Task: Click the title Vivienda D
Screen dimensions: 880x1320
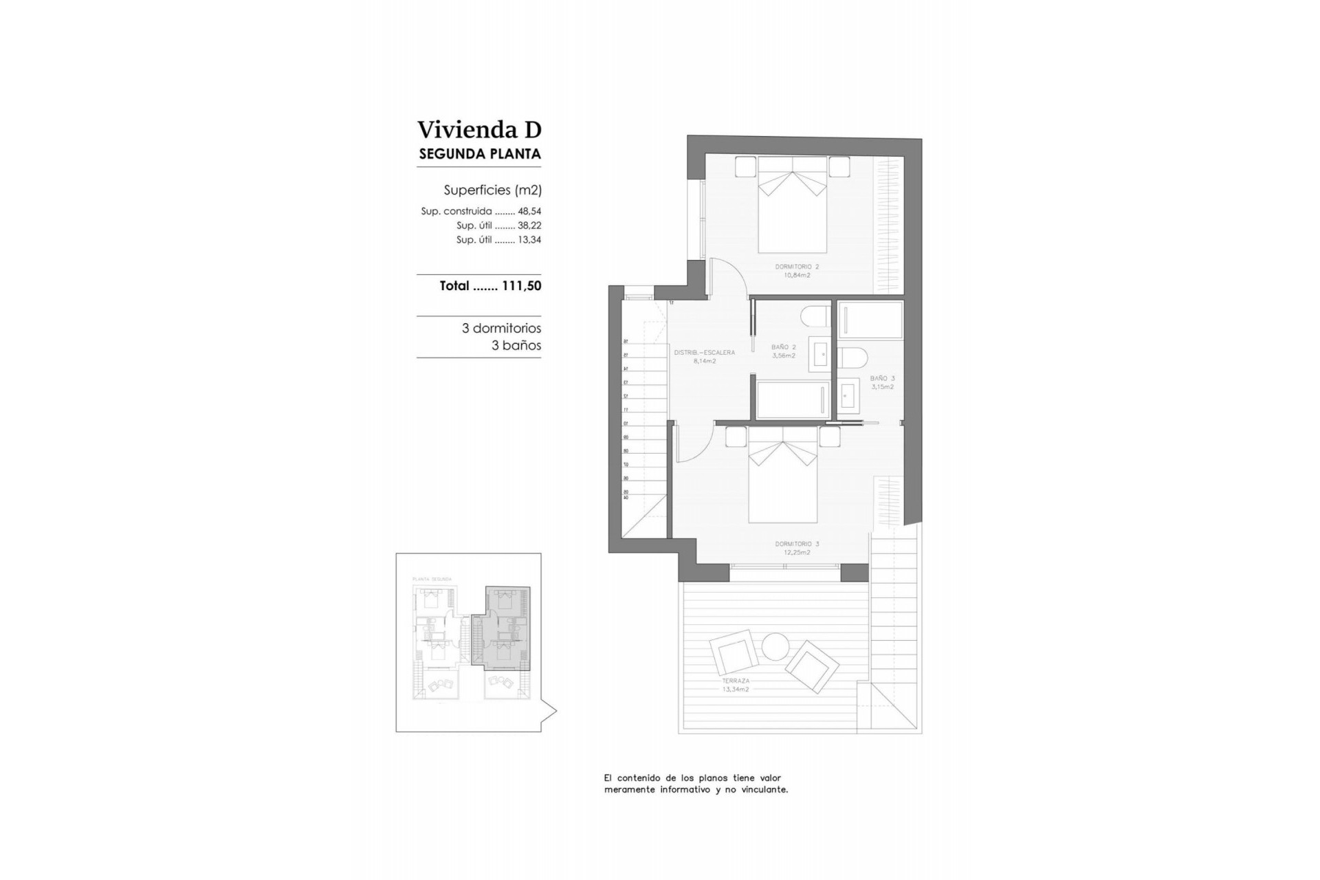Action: click(479, 129)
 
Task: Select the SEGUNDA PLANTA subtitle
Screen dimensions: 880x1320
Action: click(479, 154)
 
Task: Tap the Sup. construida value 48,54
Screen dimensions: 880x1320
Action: click(529, 212)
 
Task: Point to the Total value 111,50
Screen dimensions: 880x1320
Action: click(521, 286)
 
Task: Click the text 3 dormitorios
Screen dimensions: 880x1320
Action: click(501, 329)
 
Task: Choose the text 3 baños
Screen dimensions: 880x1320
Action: click(516, 346)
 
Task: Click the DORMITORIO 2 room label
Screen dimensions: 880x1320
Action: click(797, 270)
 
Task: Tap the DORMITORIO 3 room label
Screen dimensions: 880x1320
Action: click(797, 548)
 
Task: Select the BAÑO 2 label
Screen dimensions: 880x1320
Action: click(783, 351)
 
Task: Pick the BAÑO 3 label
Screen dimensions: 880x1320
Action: click(882, 382)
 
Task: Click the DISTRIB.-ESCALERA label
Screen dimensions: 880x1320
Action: click(704, 356)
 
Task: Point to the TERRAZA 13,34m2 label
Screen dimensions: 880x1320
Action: click(735, 684)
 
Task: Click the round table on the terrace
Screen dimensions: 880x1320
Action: click(775, 646)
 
